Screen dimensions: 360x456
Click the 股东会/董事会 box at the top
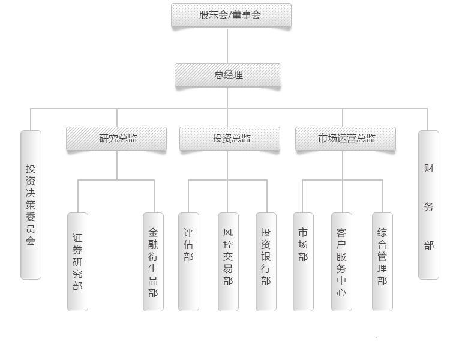pyautogui.click(x=231, y=16)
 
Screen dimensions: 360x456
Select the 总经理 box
pyautogui.click(x=228, y=76)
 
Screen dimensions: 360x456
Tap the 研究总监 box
pyautogui.click(x=116, y=139)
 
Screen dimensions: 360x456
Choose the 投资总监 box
pyautogui.click(x=230, y=139)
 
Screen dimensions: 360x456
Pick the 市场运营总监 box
pyautogui.click(x=346, y=139)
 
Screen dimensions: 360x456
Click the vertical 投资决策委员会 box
pyautogui.click(x=31, y=205)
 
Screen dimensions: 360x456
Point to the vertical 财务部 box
pyautogui.click(x=428, y=205)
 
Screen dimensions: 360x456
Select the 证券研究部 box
pyautogui.click(x=78, y=262)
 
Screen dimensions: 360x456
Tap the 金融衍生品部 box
pyautogui.click(x=154, y=262)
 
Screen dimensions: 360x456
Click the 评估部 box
pyautogui.click(x=188, y=262)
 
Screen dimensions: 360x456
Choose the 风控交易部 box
pyautogui.click(x=228, y=262)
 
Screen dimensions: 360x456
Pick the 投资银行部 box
pyautogui.click(x=266, y=262)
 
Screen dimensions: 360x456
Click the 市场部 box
pyautogui.click(x=303, y=262)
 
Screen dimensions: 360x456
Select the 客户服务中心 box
pyautogui.click(x=341, y=262)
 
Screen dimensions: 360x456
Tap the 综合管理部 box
pyautogui.click(x=382, y=262)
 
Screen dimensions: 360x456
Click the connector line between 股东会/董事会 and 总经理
pyautogui.click(x=227, y=46)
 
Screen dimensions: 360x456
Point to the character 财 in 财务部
pyautogui.click(x=428, y=169)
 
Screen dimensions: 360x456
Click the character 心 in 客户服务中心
pyautogui.click(x=341, y=293)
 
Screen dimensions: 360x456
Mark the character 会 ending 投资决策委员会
pyautogui.click(x=31, y=241)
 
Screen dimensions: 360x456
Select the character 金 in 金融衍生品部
pyautogui.click(x=154, y=232)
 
